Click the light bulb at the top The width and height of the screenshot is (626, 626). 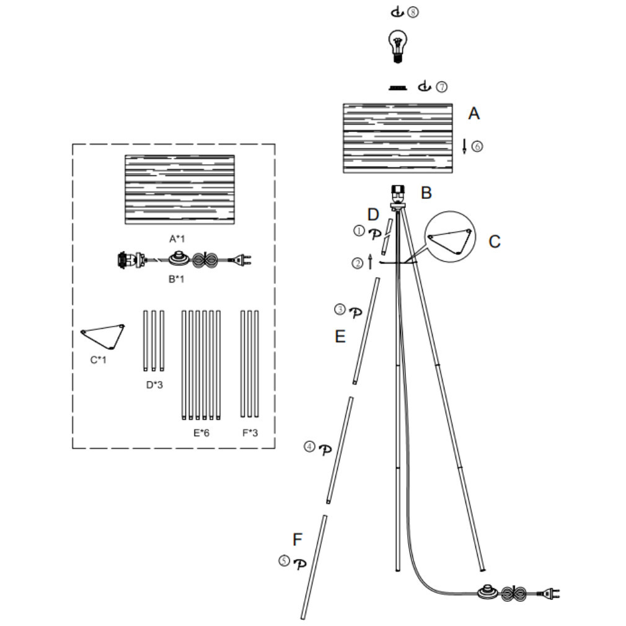(x=398, y=46)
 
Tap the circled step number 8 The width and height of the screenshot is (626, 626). (x=413, y=12)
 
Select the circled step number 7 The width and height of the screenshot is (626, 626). (x=441, y=87)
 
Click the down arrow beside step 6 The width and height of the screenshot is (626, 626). (x=464, y=146)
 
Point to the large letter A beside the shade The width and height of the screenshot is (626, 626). (x=474, y=113)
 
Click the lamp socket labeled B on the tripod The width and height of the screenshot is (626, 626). (x=398, y=195)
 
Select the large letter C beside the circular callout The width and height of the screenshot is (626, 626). (x=494, y=242)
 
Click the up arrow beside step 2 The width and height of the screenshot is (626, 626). (x=370, y=262)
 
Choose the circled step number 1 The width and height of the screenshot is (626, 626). (x=359, y=231)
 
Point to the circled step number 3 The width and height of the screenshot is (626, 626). (x=340, y=309)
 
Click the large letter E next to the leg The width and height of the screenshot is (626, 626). (x=340, y=337)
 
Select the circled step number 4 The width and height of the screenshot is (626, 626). (x=310, y=447)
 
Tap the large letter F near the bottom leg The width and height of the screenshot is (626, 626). (x=298, y=539)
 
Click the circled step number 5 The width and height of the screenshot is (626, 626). (x=284, y=561)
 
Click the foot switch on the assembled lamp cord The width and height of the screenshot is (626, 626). (x=488, y=592)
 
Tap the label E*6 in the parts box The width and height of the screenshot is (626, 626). (x=201, y=433)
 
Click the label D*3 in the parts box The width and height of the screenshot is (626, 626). (x=154, y=385)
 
